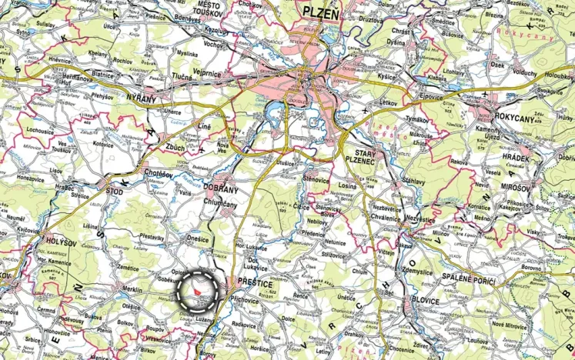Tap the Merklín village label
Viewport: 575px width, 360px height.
pyautogui.click(x=132, y=289)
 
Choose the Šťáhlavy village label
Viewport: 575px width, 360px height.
pyautogui.click(x=435, y=179)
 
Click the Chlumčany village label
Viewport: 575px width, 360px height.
pyautogui.click(x=222, y=201)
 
